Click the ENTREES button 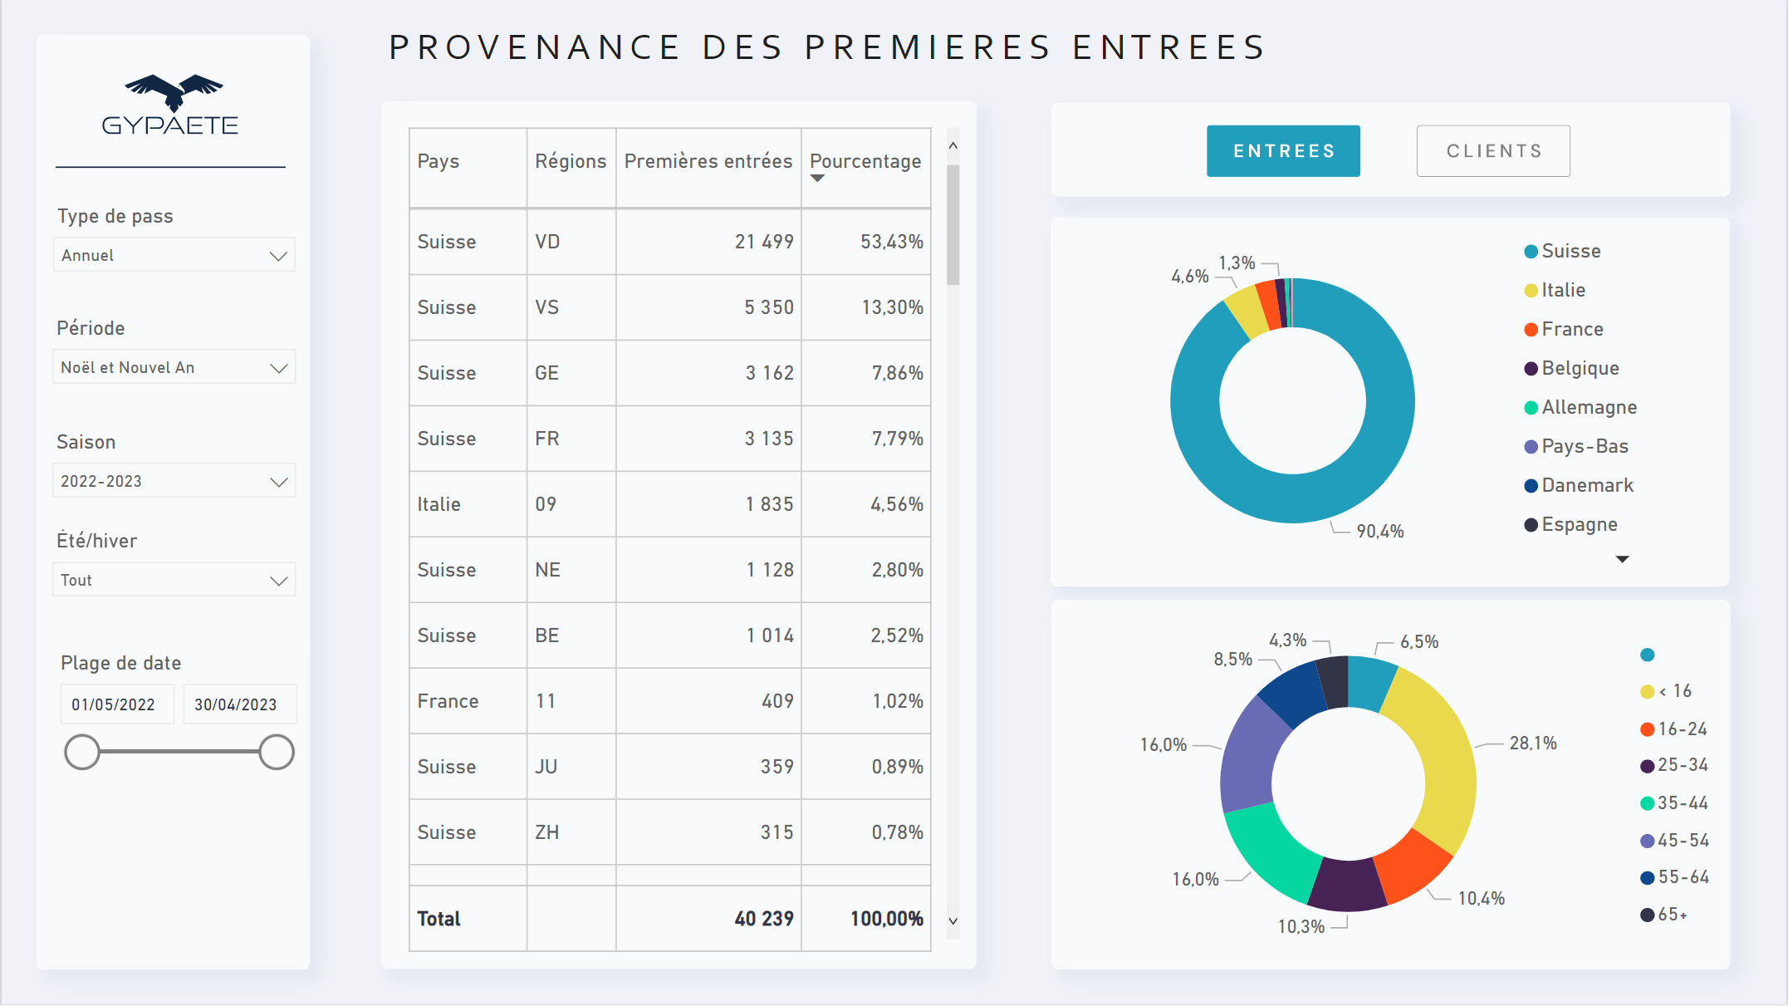[x=1283, y=151]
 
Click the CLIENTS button [x=1493, y=151]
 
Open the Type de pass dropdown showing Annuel [x=174, y=255]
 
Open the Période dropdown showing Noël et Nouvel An [x=174, y=367]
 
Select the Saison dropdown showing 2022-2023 [x=174, y=481]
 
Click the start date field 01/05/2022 [x=115, y=704]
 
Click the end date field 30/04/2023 [x=237, y=704]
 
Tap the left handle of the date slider [x=82, y=752]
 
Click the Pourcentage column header [x=865, y=161]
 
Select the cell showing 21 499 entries [x=764, y=242]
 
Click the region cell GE [x=547, y=373]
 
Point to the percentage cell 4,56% [x=896, y=504]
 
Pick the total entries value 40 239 [x=763, y=919]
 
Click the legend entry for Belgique [x=1580, y=368]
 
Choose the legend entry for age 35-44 [x=1682, y=803]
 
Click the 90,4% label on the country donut [x=1379, y=532]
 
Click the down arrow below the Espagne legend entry [x=1622, y=559]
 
